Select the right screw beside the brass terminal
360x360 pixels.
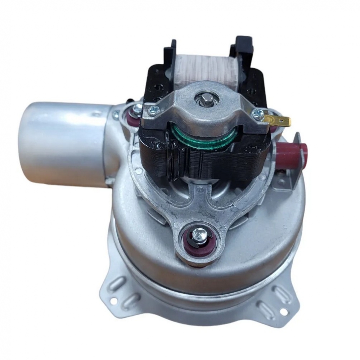coord(257,114)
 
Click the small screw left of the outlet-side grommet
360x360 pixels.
coord(116,116)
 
